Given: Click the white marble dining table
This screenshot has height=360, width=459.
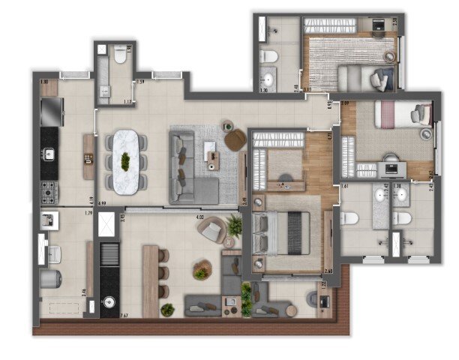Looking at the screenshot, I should pos(126,160).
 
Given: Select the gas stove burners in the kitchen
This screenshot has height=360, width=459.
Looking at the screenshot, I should pos(49,192).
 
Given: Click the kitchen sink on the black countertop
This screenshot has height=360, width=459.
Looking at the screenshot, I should pos(49,155).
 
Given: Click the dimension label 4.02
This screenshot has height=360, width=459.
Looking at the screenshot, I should pos(200,217).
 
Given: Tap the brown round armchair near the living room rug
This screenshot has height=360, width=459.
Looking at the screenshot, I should pos(235,139).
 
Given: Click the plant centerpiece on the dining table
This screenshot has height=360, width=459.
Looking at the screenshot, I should pos(126,160).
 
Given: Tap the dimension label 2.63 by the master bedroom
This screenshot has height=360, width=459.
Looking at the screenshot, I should pos(328,271).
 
